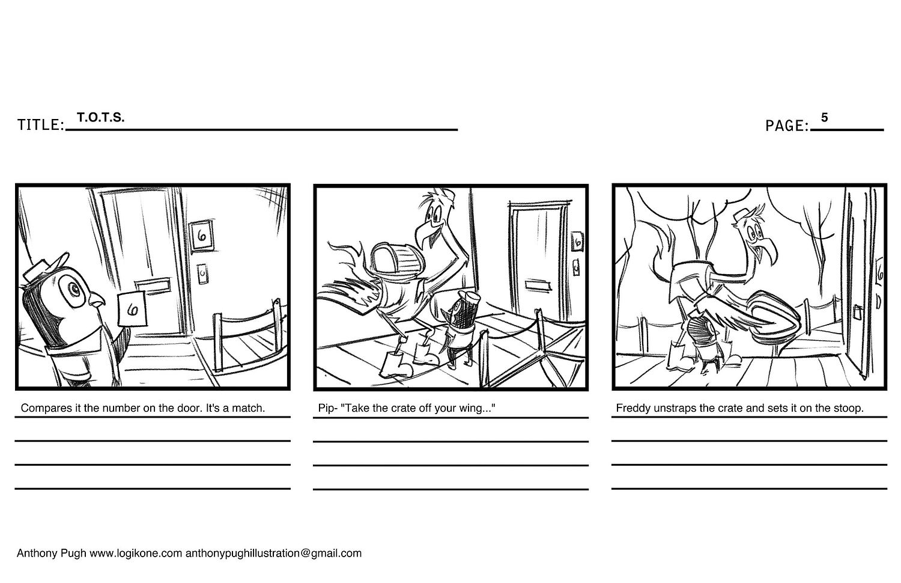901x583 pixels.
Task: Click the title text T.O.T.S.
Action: [x=100, y=117]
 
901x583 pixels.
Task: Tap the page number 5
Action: [x=824, y=117]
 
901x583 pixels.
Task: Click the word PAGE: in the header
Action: [x=787, y=126]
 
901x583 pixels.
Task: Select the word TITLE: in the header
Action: [x=41, y=125]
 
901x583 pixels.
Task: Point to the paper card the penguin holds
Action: [x=132, y=308]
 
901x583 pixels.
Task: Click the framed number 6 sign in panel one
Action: [x=201, y=236]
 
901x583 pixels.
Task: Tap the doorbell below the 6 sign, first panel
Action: [x=202, y=274]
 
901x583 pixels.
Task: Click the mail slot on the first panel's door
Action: [x=153, y=284]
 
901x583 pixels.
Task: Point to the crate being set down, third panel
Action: [x=768, y=313]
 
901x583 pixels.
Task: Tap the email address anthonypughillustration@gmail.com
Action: [x=273, y=553]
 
